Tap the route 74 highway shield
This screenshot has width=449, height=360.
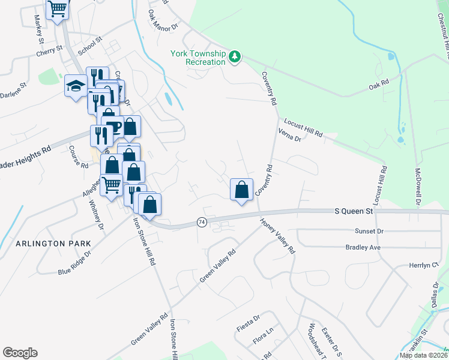coord(202,222)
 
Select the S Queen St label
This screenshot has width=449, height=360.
coord(354,211)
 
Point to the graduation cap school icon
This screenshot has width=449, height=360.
coord(76,86)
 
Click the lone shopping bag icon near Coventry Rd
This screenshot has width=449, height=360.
coord(241,190)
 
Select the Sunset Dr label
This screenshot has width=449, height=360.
coord(369,231)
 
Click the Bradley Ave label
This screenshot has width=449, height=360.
coord(364,247)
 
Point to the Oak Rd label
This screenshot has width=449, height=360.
coord(379,87)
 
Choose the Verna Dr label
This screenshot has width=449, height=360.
coord(289,133)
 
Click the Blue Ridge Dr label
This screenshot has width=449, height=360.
coord(74,262)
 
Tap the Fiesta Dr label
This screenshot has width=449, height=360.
coord(248,318)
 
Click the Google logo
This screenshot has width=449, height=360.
coord(20,353)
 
